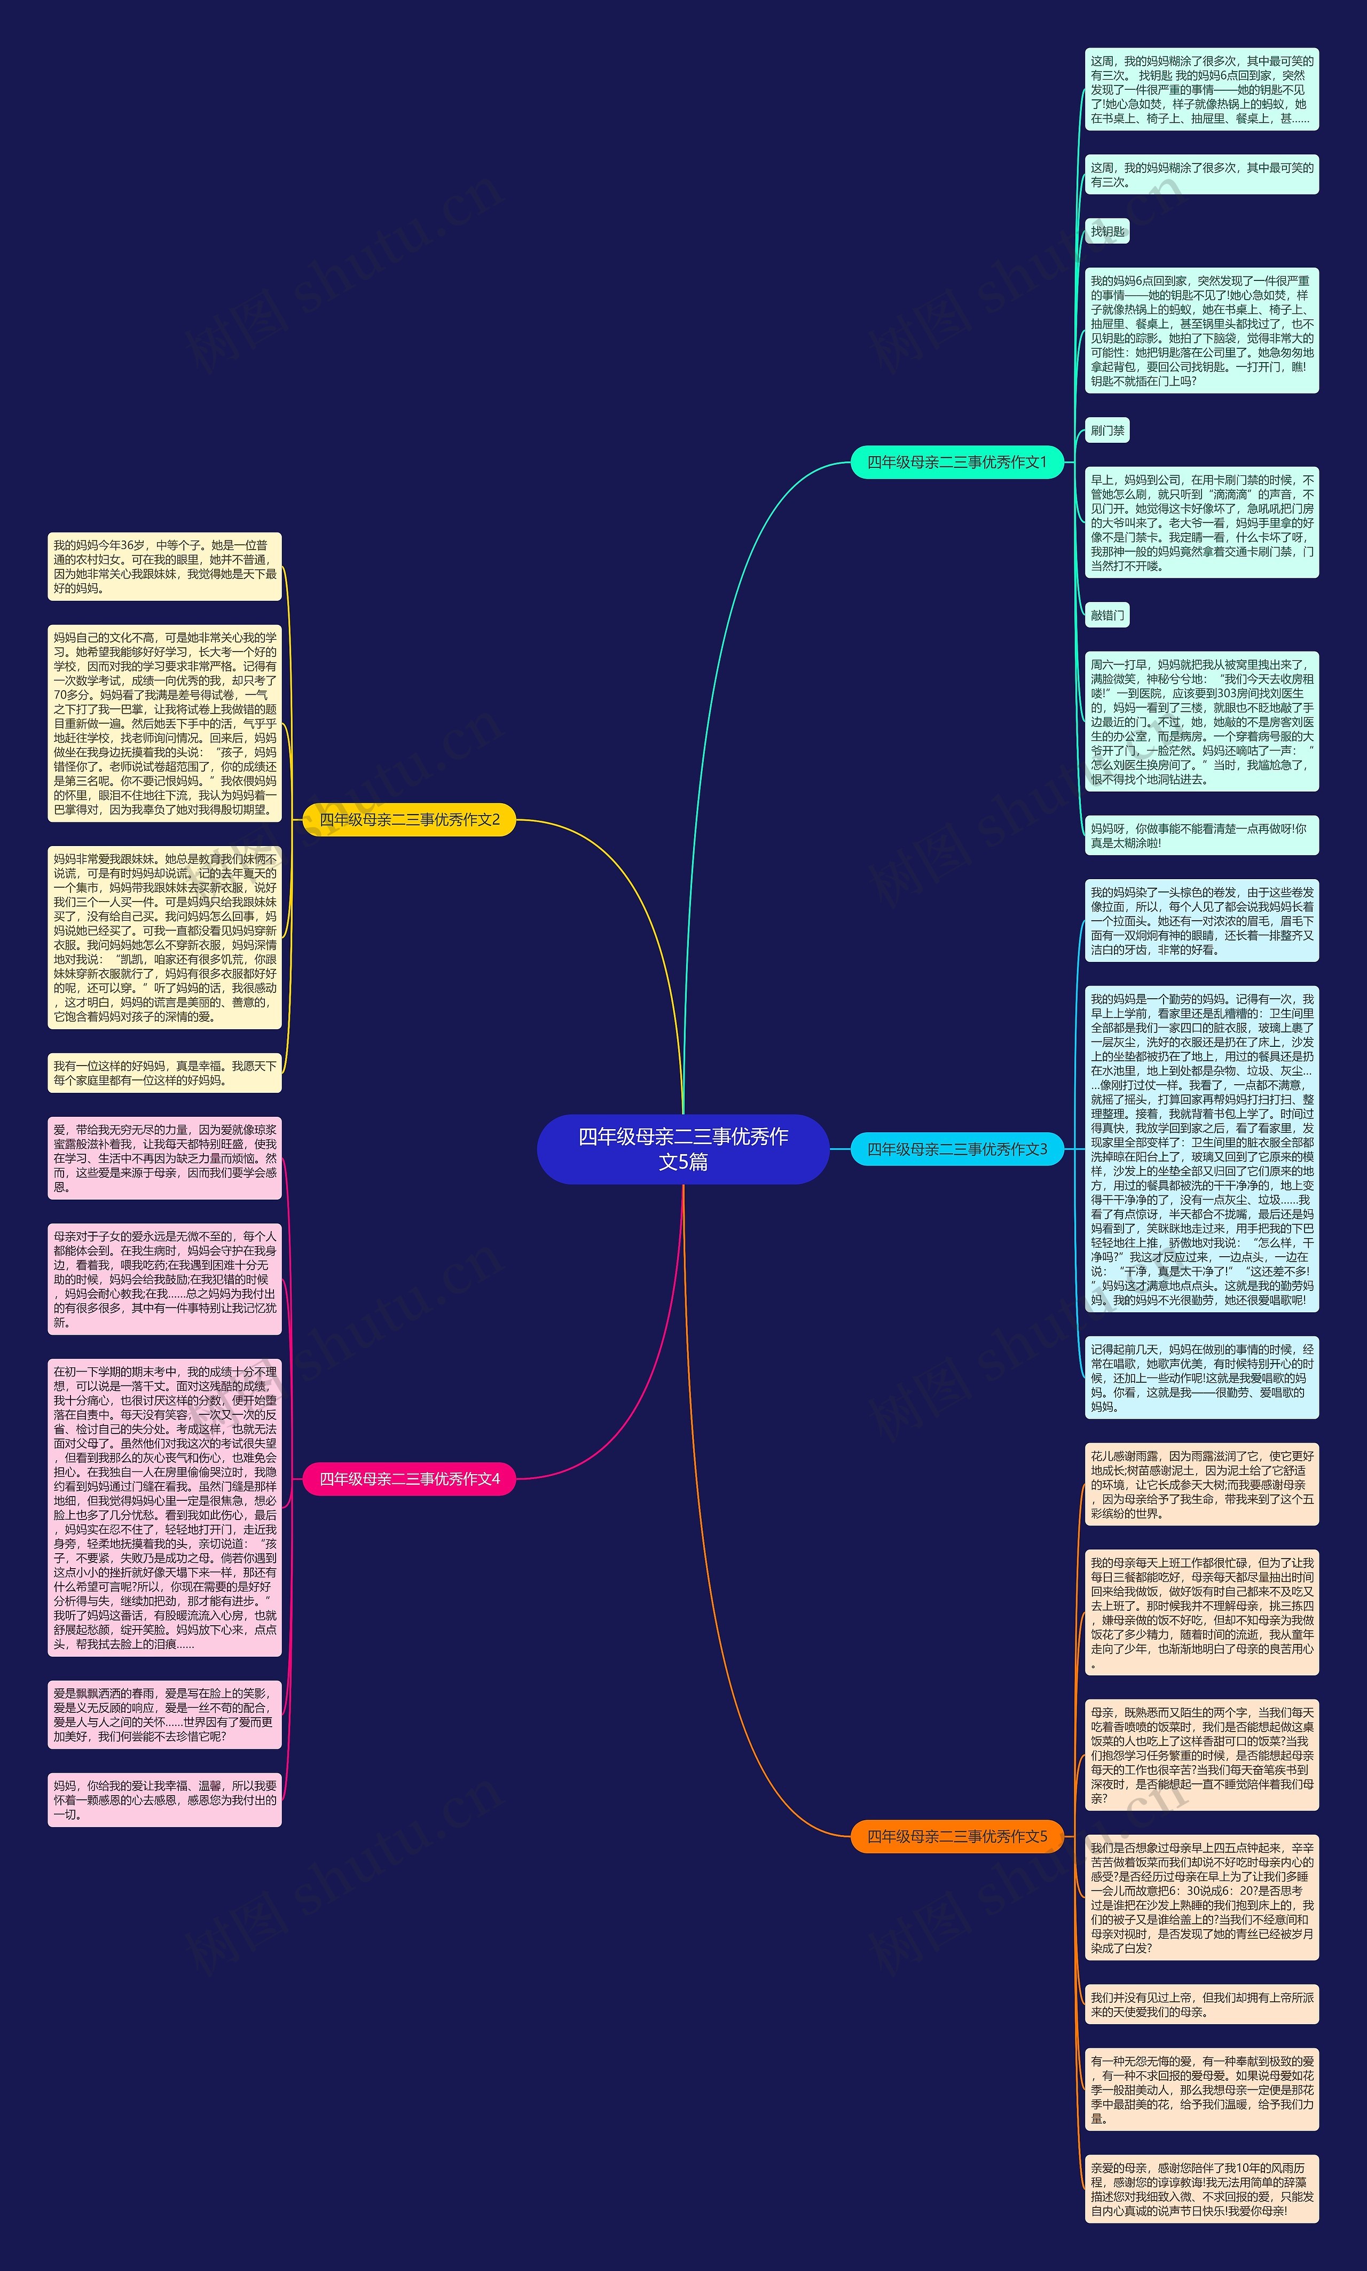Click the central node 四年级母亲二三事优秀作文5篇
pos(682,1149)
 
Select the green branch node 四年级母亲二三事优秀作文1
pos(957,461)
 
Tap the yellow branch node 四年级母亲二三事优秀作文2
pos(409,819)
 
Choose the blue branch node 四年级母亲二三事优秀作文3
pos(957,1149)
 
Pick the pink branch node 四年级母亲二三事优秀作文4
pos(409,1479)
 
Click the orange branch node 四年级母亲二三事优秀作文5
pos(957,1836)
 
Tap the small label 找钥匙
pos(1107,231)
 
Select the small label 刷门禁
pos(1107,430)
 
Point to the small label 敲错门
pos(1107,615)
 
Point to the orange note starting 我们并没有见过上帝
pos(1201,2004)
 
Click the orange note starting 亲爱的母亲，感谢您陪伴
pos(1201,2188)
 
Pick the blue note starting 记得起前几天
pos(1201,1377)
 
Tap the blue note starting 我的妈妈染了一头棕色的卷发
pos(1201,920)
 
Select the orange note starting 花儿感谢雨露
pos(1201,1484)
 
